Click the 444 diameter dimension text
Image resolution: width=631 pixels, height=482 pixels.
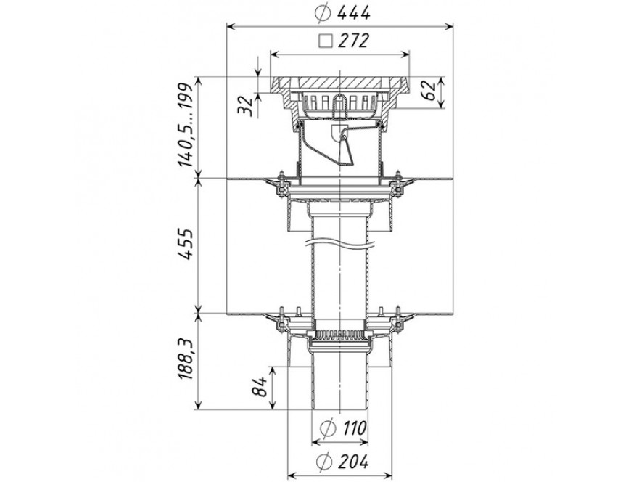click(x=353, y=13)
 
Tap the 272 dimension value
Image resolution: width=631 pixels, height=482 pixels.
click(x=353, y=40)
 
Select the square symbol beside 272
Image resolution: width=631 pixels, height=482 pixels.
click(x=326, y=41)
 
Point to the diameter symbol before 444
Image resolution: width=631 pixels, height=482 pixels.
click(x=323, y=14)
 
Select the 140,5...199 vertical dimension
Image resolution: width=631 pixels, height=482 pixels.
click(x=186, y=126)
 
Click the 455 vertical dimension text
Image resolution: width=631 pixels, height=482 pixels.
click(x=186, y=245)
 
